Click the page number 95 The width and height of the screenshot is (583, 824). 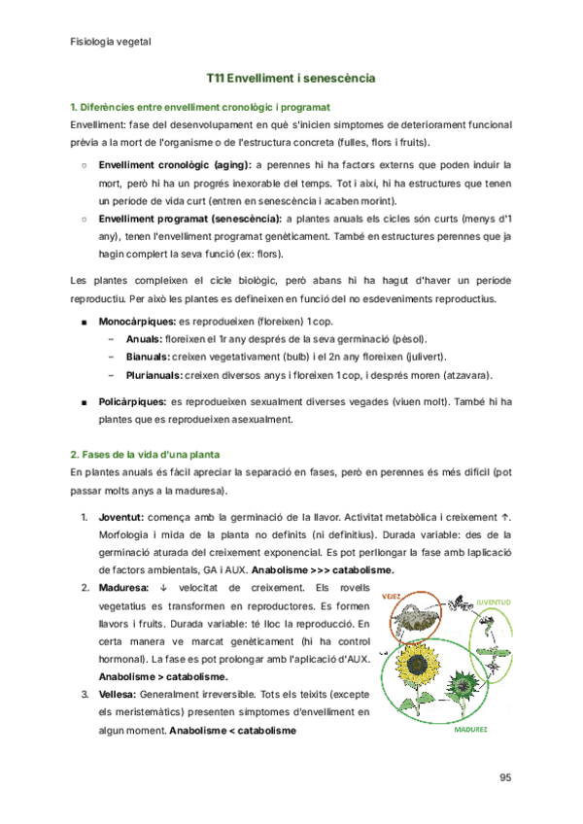(504, 776)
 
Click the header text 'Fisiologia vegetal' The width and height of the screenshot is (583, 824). (111, 42)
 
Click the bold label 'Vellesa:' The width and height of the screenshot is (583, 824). (119, 695)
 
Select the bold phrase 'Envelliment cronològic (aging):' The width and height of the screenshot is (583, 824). (175, 165)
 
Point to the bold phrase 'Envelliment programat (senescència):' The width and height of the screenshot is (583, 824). (191, 220)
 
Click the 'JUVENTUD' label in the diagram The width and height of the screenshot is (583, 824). (493, 602)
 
